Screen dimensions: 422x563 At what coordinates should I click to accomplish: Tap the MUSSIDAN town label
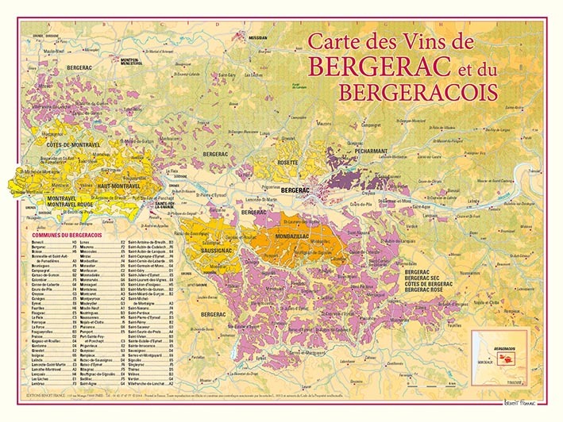point(258,37)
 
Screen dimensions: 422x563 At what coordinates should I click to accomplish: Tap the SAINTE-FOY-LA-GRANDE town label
point(164,205)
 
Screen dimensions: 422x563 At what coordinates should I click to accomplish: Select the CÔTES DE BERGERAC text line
point(434,284)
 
